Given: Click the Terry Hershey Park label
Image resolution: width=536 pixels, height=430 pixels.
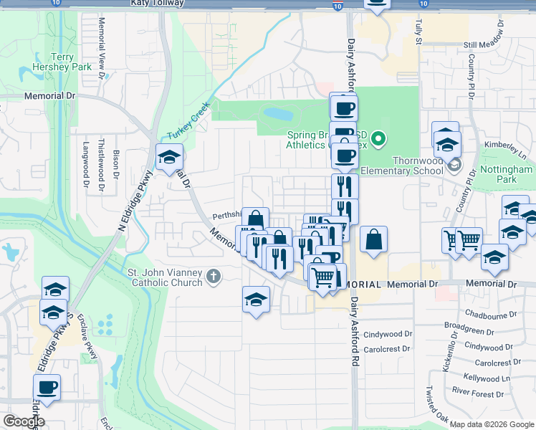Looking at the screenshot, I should pyautogui.click(x=72, y=62).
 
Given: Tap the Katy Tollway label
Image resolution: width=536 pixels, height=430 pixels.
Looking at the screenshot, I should pyautogui.click(x=158, y=4).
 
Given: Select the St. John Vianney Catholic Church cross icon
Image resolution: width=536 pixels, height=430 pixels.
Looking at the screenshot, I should pyautogui.click(x=213, y=276).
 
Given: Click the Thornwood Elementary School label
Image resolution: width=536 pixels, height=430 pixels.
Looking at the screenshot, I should pyautogui.click(x=401, y=166).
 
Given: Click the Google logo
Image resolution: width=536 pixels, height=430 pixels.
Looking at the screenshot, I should pyautogui.click(x=23, y=421).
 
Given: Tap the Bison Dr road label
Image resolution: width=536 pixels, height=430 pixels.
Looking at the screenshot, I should pyautogui.click(x=116, y=163).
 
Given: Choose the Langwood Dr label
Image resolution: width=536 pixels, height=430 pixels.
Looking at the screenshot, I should pyautogui.click(x=85, y=174).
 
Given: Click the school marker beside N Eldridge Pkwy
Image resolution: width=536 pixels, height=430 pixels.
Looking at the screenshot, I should pyautogui.click(x=169, y=157).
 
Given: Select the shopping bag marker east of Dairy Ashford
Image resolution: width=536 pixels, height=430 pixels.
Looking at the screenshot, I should pyautogui.click(x=374, y=239).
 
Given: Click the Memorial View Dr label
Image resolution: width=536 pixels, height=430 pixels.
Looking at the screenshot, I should pyautogui.click(x=102, y=55).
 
